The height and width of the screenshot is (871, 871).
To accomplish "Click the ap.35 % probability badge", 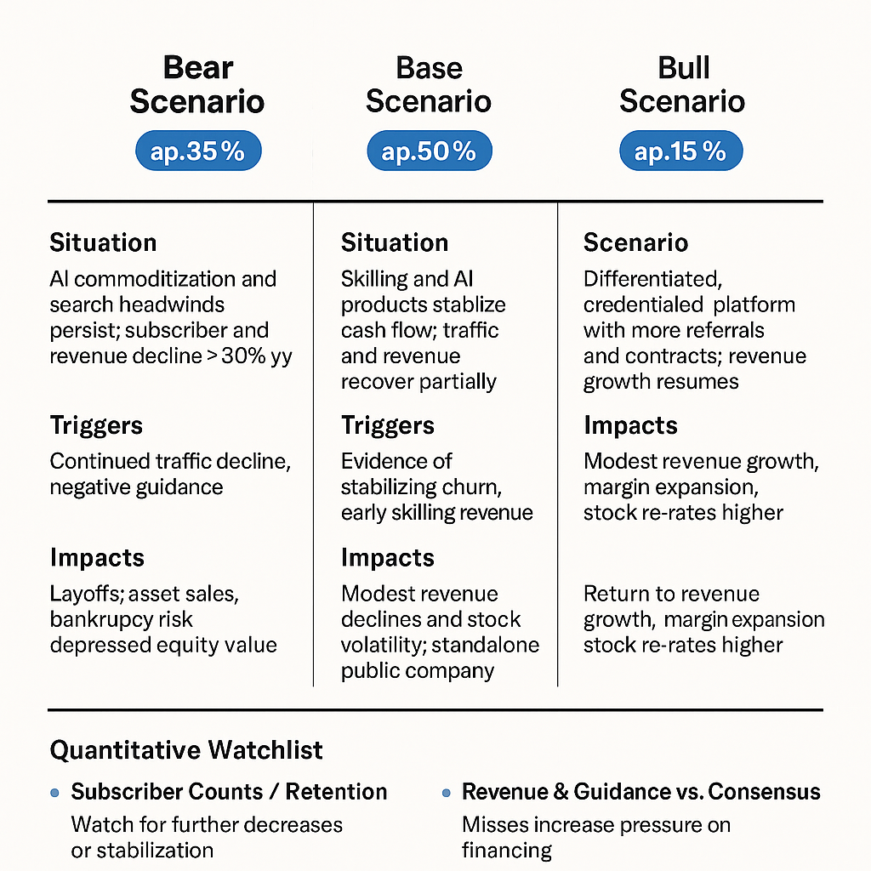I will click(x=197, y=152).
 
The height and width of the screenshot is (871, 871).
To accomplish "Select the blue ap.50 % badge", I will click(x=429, y=152).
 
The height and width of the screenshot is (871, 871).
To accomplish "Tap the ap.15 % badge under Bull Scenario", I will click(x=680, y=152).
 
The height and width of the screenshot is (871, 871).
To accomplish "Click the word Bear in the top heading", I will click(x=197, y=68).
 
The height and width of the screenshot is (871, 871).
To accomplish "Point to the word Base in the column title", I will click(x=429, y=68).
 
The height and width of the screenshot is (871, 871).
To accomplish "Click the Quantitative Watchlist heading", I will click(x=186, y=750).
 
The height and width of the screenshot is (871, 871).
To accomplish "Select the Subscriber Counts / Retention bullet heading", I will click(x=229, y=792).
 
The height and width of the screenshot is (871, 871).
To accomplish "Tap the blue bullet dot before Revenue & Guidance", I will click(x=446, y=793).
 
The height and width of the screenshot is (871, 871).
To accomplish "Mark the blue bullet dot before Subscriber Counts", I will click(x=55, y=793).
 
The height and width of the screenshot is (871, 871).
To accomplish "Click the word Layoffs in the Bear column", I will click(x=87, y=594).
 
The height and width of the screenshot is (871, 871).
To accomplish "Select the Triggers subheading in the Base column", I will click(x=388, y=425).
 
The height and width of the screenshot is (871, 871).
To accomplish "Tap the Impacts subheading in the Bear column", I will click(x=97, y=558).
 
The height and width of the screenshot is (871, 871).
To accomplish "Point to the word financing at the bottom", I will click(x=507, y=850).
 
